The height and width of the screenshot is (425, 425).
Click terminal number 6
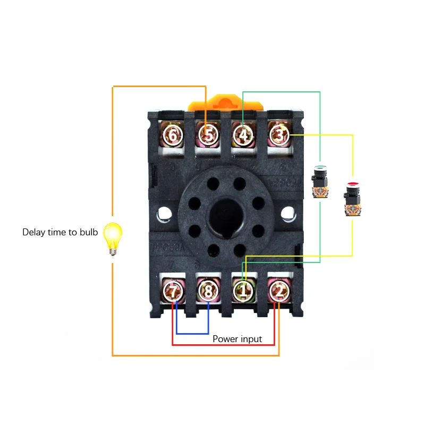click(x=172, y=135)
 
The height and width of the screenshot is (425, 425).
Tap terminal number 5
click(x=208, y=135)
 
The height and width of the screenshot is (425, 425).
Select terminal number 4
click(x=243, y=135)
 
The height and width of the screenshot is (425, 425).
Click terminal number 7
click(x=172, y=291)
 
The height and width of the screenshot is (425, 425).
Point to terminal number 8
click(x=208, y=291)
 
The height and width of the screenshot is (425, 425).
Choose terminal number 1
click(x=243, y=291)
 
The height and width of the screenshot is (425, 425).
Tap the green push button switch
click(x=320, y=182)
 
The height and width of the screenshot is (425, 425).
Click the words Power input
click(x=237, y=339)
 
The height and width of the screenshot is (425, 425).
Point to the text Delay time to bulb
click(x=60, y=232)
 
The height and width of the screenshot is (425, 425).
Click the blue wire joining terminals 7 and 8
click(x=192, y=334)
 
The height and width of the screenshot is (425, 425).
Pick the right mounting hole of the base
click(x=288, y=215)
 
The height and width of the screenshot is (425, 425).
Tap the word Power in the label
click(x=225, y=339)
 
